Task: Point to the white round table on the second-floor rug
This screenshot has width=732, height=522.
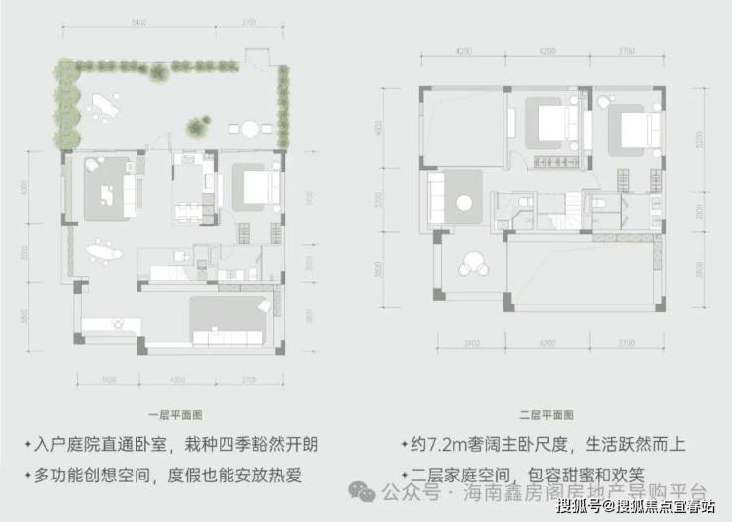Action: (x=464, y=203)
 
